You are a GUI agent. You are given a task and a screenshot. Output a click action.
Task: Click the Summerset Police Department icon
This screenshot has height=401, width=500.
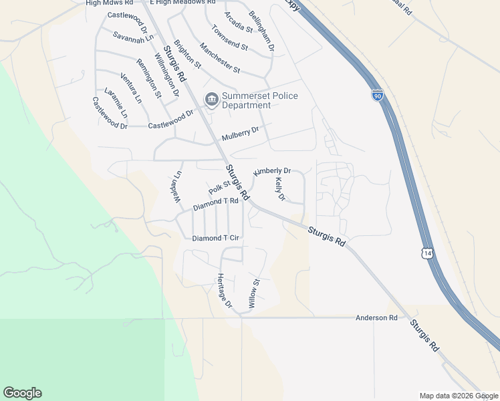(x=212, y=100)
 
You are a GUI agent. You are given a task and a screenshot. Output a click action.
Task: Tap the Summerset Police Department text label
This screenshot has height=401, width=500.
(x=259, y=101)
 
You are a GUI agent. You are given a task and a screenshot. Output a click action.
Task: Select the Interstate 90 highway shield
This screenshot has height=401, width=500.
(x=378, y=96)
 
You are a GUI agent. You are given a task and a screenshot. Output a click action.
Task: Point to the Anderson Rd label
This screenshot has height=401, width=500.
(x=376, y=318)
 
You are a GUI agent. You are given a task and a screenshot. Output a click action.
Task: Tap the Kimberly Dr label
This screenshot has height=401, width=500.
(x=272, y=172)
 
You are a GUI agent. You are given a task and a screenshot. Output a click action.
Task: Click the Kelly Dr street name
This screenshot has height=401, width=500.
(x=280, y=189)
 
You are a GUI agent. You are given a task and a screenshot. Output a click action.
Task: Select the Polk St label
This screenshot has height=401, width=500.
(x=219, y=187)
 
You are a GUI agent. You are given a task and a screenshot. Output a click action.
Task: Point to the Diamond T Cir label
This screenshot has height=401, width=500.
(x=215, y=238)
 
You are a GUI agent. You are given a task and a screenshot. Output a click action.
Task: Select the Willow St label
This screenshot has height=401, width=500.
(x=253, y=293)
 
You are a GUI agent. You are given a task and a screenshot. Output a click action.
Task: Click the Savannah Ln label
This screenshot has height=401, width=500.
(x=132, y=38)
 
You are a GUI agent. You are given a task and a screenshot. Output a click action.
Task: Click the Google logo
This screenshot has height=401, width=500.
(x=22, y=393)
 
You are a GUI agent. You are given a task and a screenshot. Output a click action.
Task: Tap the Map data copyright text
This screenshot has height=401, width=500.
(x=459, y=396)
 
